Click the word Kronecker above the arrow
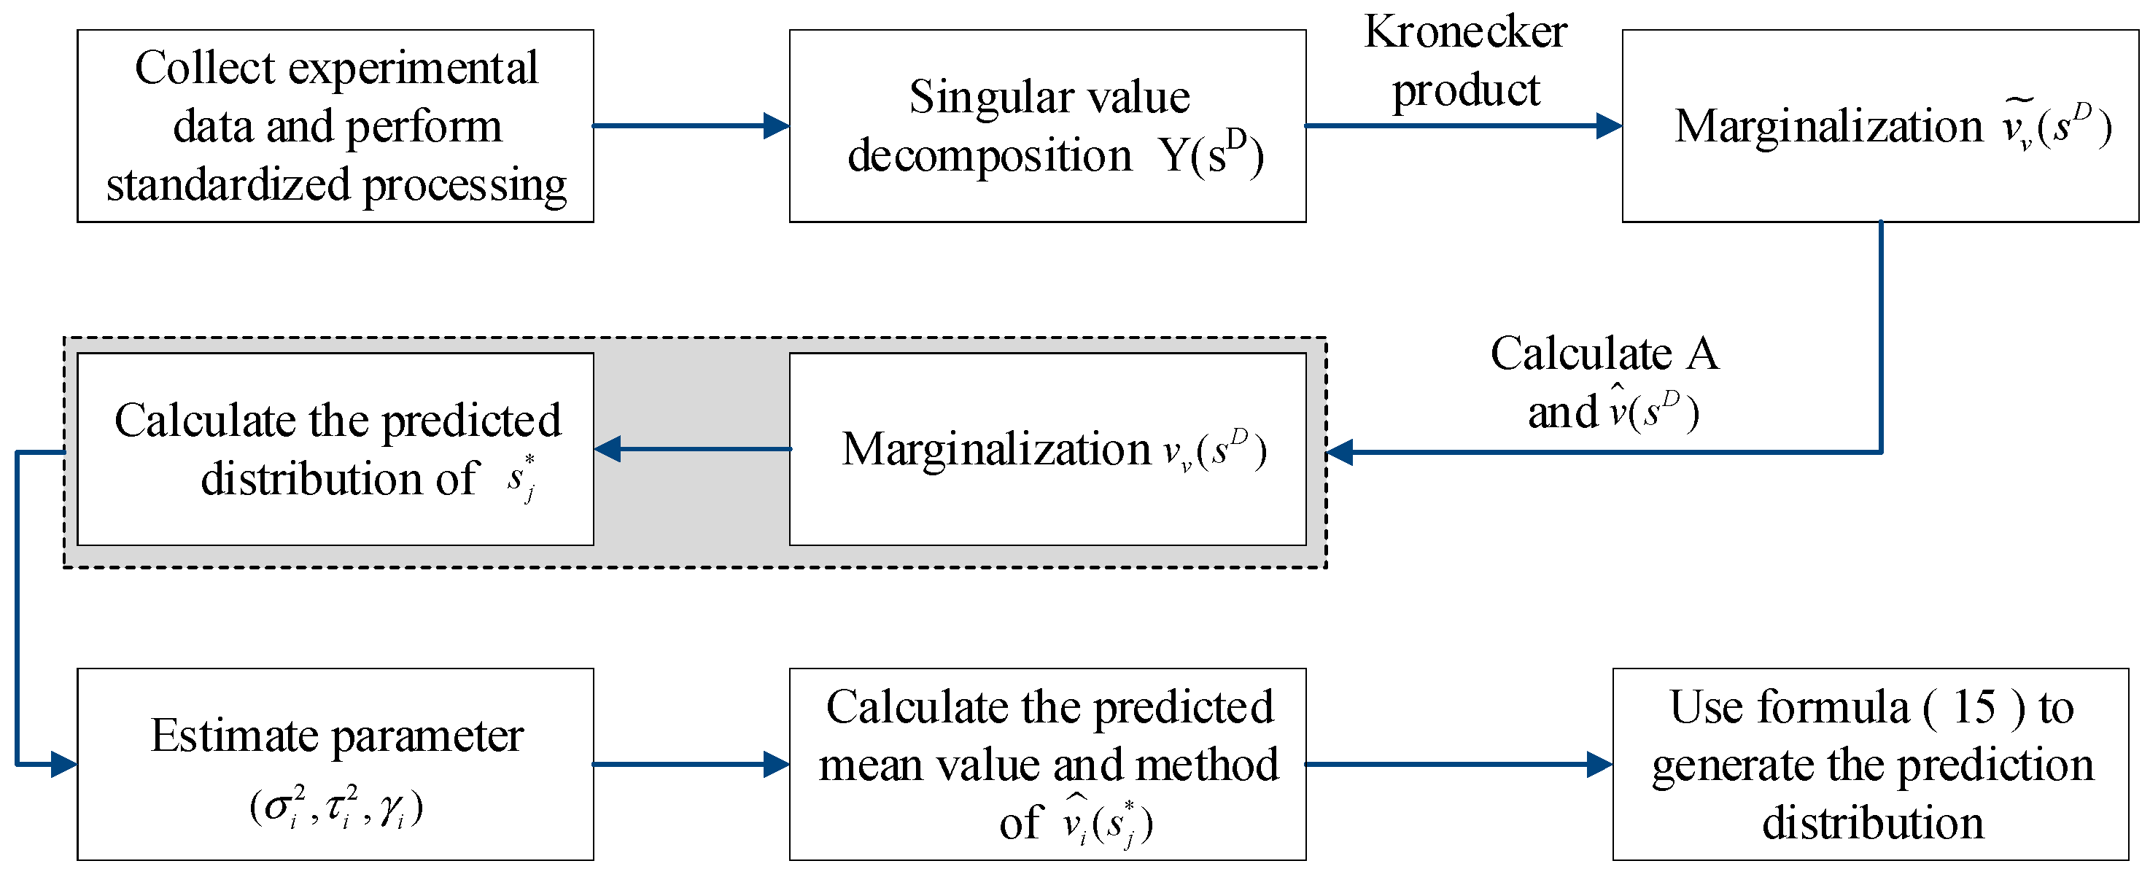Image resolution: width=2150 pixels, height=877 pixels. (1466, 33)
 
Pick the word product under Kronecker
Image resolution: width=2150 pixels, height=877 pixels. (1466, 91)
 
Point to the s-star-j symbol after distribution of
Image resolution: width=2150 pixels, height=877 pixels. (521, 478)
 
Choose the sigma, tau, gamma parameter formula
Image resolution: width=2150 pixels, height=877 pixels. (336, 807)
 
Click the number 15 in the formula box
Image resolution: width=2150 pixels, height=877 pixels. (1974, 708)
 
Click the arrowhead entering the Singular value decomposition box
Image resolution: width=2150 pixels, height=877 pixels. (776, 126)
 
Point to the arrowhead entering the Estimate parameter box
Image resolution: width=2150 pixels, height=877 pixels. (64, 764)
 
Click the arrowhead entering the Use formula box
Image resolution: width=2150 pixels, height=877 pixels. (1600, 764)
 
